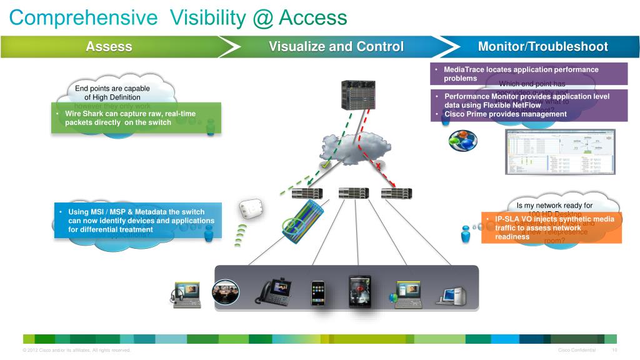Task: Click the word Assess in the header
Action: click(109, 47)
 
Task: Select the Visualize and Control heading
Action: click(336, 47)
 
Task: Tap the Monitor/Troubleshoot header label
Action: click(542, 47)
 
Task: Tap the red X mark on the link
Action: click(377, 165)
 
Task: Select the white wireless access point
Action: click(250, 208)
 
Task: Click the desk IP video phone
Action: click(273, 292)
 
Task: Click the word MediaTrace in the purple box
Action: click(464, 69)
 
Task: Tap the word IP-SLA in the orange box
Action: click(507, 219)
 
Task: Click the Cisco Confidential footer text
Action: click(576, 350)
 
